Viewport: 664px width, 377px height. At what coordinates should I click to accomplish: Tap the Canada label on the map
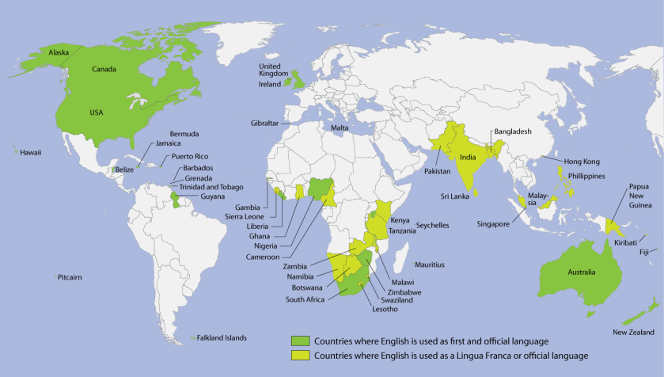[104, 69]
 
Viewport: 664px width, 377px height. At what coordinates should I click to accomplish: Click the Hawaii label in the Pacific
[30, 152]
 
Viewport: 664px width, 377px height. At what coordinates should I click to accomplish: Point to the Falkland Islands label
[222, 337]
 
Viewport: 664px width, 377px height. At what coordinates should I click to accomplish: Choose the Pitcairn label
[70, 277]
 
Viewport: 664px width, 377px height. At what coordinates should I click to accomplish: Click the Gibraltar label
[266, 124]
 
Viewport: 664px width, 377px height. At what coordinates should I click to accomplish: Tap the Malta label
[340, 128]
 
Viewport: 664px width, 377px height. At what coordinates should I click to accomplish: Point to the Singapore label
[494, 224]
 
